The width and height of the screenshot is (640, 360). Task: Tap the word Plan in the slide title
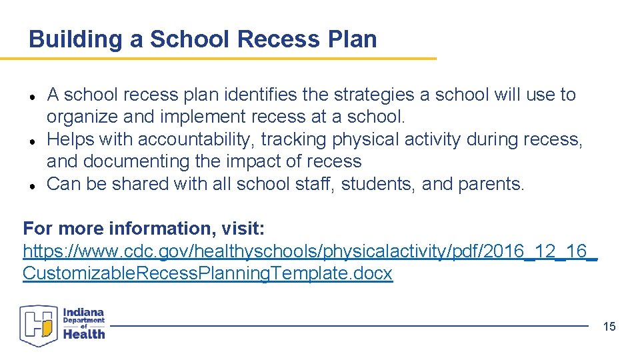pyautogui.click(x=352, y=39)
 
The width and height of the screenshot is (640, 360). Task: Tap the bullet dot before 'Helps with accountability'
pyautogui.click(x=32, y=141)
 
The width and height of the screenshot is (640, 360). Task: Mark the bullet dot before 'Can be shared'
pyautogui.click(x=32, y=185)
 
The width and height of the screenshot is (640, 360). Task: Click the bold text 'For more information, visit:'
pyautogui.click(x=144, y=229)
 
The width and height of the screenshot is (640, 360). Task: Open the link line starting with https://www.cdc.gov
pyautogui.click(x=310, y=251)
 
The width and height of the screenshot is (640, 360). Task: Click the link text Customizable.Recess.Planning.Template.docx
pyautogui.click(x=207, y=273)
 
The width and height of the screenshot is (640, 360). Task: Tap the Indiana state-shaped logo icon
pyautogui.click(x=39, y=325)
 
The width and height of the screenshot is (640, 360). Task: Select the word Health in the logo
pyautogui.click(x=84, y=334)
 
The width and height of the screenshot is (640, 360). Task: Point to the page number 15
pyautogui.click(x=609, y=326)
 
